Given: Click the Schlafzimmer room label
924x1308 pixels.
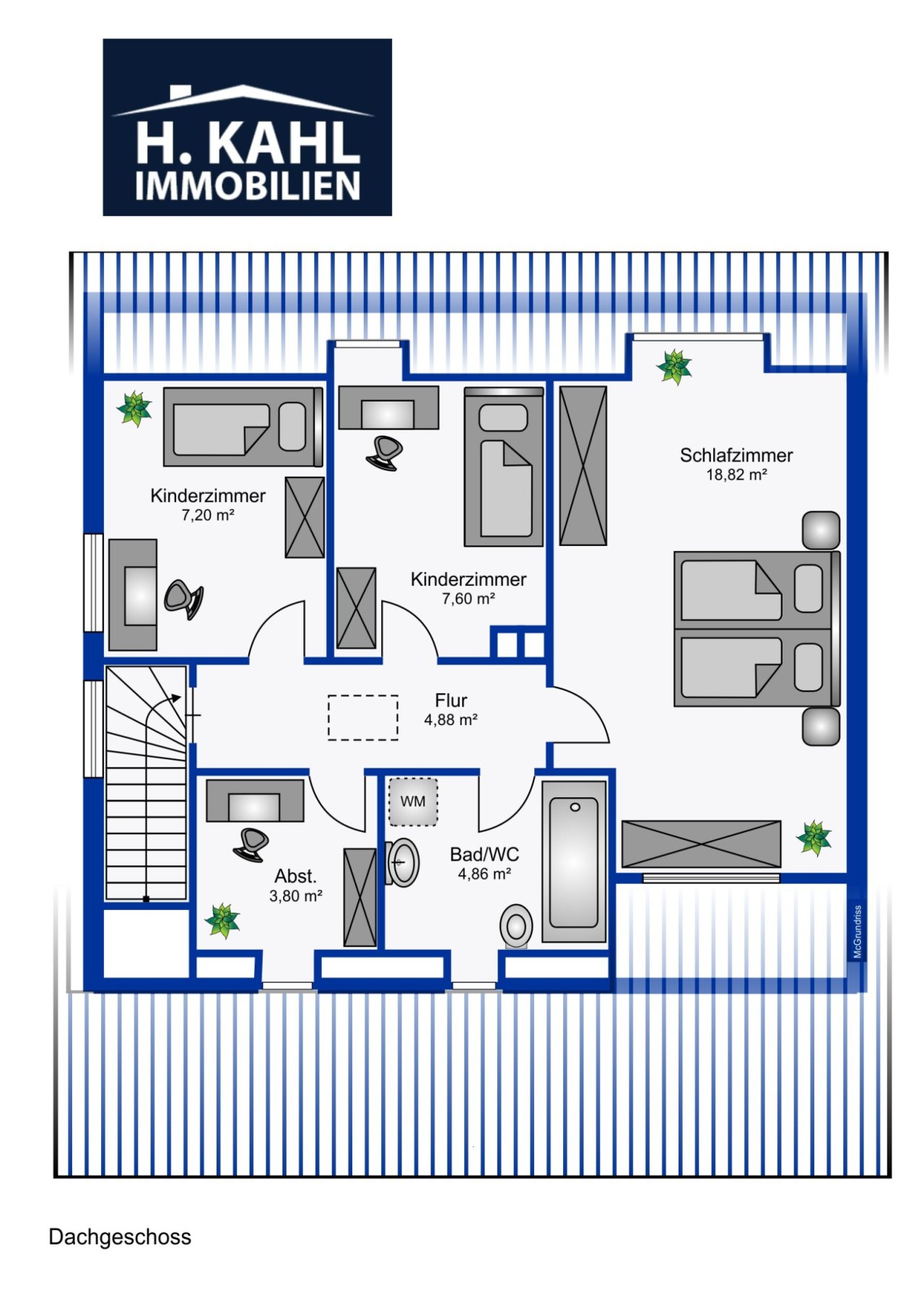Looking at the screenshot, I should (x=736, y=455).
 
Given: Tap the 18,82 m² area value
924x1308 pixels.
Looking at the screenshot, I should (x=736, y=475).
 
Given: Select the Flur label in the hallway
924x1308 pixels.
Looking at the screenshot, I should (x=450, y=700).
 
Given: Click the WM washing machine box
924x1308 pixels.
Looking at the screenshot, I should (x=413, y=802).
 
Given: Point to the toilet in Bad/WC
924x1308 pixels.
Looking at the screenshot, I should (x=516, y=926).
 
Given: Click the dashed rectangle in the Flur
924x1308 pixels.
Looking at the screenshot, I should (x=362, y=717).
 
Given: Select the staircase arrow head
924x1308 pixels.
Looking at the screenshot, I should (x=177, y=698).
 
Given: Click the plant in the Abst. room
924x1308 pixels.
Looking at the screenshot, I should (x=222, y=920).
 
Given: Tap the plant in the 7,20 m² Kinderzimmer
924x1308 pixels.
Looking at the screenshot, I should (x=134, y=409).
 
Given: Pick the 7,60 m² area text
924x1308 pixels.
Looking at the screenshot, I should (x=468, y=599).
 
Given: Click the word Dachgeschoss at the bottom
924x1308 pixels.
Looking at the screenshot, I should (x=120, y=1237).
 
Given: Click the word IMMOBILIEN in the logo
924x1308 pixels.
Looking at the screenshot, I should (x=247, y=186).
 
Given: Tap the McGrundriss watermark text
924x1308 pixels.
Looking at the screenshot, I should (x=858, y=932).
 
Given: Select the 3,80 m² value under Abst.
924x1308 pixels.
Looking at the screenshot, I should (x=295, y=896).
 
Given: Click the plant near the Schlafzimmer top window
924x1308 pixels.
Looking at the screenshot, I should (x=674, y=367).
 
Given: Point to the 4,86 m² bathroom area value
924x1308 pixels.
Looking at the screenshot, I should (x=484, y=874).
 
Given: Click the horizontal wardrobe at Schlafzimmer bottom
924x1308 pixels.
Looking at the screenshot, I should (x=700, y=844).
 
